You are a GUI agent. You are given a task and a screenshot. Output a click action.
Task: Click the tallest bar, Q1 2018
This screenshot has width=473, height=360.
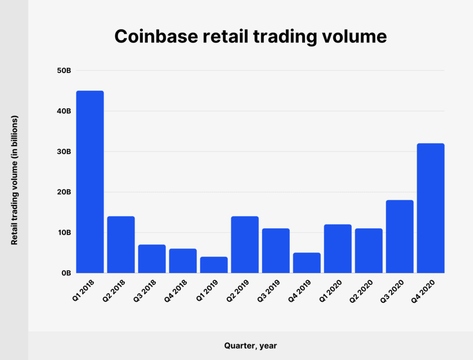click(x=90, y=181)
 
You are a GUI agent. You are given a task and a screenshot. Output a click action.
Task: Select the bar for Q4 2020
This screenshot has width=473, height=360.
click(x=431, y=208)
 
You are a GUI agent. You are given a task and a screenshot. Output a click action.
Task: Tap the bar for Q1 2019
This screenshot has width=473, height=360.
click(x=214, y=265)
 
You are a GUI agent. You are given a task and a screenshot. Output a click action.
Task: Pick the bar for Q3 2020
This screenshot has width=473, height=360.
click(x=400, y=236)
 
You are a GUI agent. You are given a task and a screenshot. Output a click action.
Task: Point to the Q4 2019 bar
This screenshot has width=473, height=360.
click(x=306, y=263)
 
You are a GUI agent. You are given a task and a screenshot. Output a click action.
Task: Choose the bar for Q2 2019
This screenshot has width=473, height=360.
click(x=245, y=244)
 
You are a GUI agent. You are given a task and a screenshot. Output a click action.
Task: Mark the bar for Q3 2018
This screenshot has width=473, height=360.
click(x=152, y=258)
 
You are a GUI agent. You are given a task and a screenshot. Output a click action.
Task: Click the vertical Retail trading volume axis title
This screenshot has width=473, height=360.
click(x=15, y=180)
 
